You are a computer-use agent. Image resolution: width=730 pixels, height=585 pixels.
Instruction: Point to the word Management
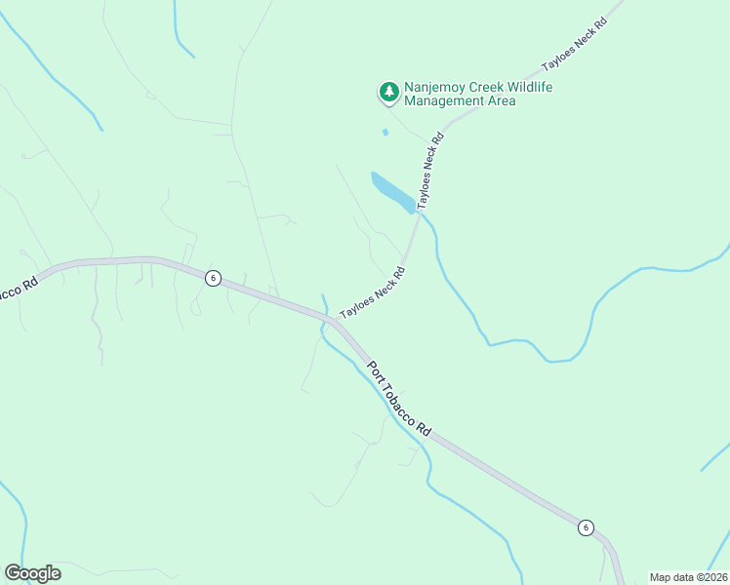pyautogui.click(x=445, y=101)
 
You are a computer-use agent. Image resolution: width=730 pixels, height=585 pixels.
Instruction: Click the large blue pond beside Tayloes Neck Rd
pyautogui.click(x=391, y=191)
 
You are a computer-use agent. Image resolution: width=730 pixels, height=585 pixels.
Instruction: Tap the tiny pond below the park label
pyautogui.click(x=385, y=132)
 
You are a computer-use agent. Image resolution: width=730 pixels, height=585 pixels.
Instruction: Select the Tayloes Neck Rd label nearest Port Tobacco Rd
pyautogui.click(x=372, y=294)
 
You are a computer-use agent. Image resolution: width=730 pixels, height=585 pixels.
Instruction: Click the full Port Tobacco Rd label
pyautogui.click(x=398, y=399)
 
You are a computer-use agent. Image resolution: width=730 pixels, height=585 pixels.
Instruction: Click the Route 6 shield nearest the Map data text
pyautogui.click(x=586, y=527)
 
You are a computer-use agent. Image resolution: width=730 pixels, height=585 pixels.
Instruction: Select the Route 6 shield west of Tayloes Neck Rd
pyautogui.click(x=213, y=278)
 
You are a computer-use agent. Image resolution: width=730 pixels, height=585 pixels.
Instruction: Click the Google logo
pyautogui.click(x=33, y=573)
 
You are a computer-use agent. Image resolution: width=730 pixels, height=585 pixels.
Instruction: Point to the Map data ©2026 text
pyautogui.click(x=688, y=577)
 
